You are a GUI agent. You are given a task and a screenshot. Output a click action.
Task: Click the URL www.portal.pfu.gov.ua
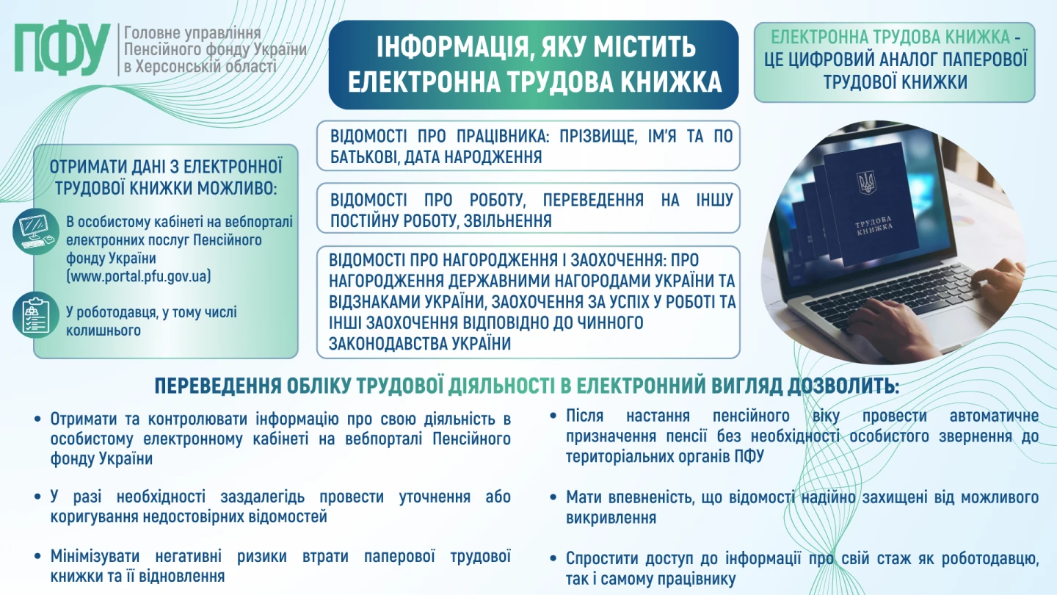pyautogui.click(x=139, y=276)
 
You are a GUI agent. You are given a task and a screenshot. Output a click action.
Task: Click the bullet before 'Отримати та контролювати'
pyautogui.click(x=38, y=419)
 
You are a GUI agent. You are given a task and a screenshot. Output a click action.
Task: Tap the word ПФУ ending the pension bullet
pyautogui.click(x=747, y=456)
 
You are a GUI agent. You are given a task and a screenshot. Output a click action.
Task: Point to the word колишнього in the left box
pyautogui.click(x=103, y=331)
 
